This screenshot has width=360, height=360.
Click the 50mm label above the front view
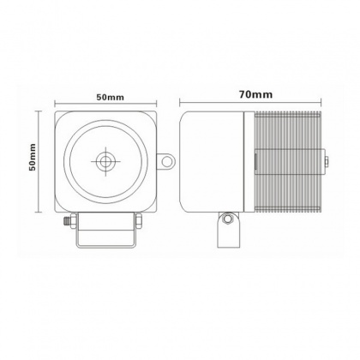click(110, 98)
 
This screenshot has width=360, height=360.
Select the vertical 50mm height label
click(33, 157)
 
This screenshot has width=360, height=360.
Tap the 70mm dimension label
click(255, 94)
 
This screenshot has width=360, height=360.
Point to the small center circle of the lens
click(105, 161)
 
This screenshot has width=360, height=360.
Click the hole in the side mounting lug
click(165, 161)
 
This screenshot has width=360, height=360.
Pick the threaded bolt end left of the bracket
click(66, 221)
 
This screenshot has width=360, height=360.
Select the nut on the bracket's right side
click(139, 221)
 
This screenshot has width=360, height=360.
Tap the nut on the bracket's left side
click(74, 221)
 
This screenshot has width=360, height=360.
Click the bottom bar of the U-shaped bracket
click(105, 245)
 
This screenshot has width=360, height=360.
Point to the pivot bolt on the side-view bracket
click(228, 219)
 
